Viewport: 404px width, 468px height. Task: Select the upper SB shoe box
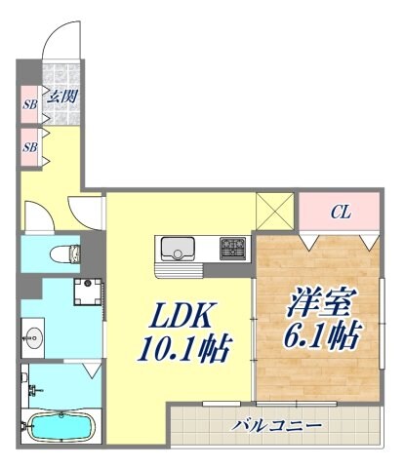pos(30,101)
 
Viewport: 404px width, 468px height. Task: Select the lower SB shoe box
pos(30,146)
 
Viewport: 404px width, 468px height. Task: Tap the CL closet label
pos(339,211)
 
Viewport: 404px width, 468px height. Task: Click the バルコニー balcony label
pos(277,425)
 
